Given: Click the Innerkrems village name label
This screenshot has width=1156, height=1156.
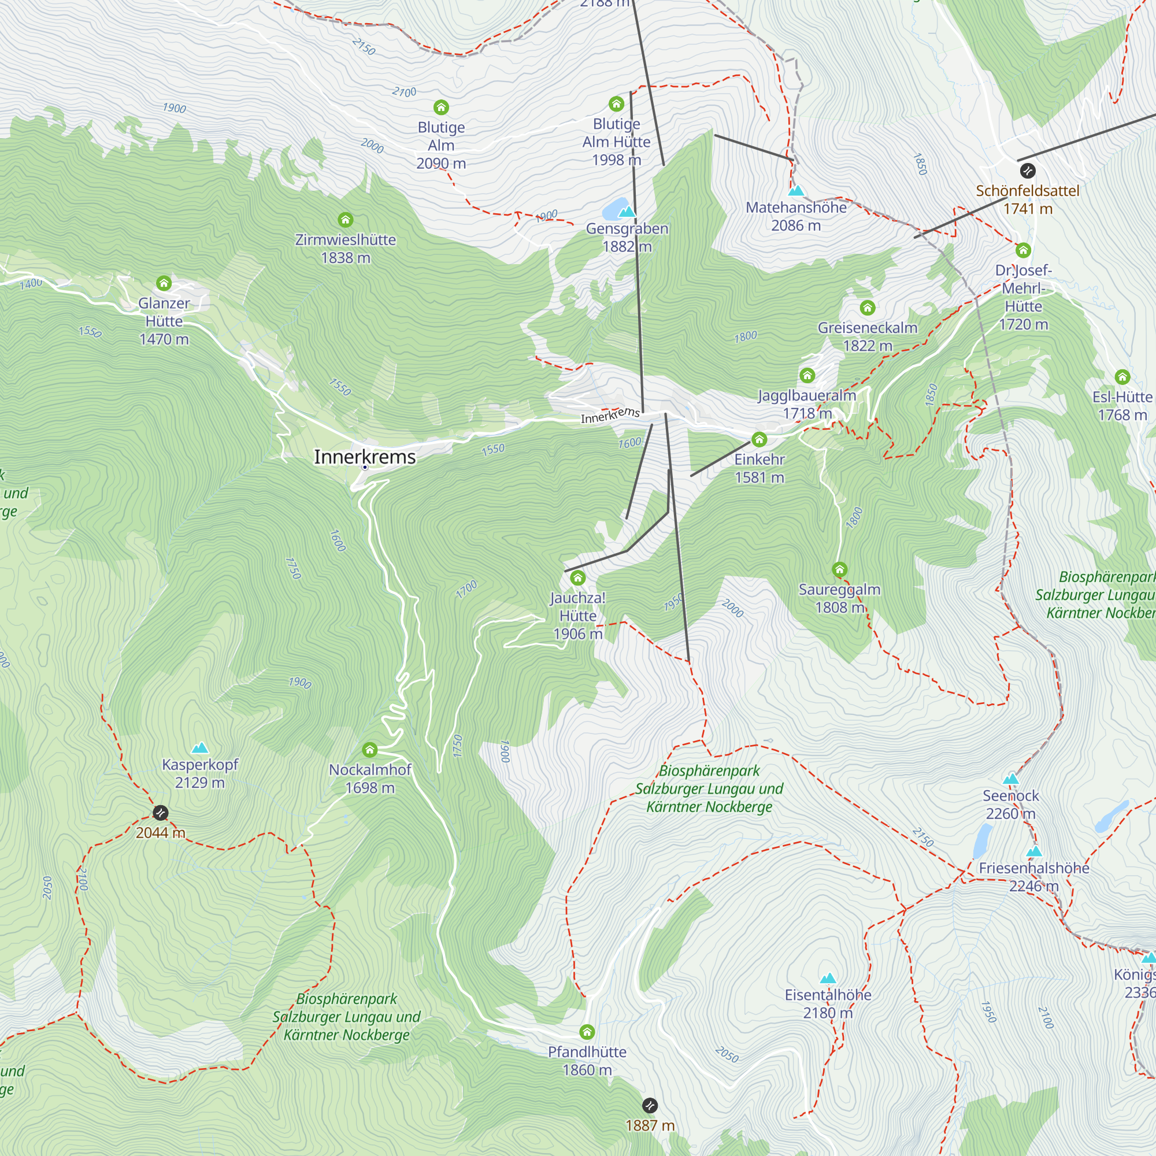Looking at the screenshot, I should [x=364, y=457].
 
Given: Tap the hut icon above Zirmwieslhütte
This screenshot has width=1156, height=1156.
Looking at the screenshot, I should [x=345, y=220].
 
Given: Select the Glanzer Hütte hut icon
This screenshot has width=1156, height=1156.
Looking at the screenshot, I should [x=164, y=283].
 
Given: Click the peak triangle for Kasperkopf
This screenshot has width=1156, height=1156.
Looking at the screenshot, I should [x=200, y=748].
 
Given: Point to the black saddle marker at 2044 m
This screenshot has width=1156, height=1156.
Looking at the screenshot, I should [x=160, y=813].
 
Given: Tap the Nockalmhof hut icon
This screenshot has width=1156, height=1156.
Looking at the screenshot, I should [x=370, y=750].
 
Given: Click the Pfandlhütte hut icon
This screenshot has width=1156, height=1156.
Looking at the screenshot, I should [x=587, y=1032].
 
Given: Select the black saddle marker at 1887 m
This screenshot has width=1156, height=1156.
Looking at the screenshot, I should [x=650, y=1105].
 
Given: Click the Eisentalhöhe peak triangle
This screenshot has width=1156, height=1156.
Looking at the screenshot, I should [x=828, y=979].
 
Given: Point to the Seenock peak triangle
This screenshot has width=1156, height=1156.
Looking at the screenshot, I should [x=1010, y=779].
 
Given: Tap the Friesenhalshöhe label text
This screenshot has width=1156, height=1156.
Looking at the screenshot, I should [x=1033, y=868].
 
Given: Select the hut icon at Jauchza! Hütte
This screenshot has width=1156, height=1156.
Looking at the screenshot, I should [x=577, y=578].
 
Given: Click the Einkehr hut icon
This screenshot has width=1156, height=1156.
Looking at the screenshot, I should [x=759, y=440].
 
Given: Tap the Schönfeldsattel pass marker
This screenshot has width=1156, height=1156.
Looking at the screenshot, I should [x=1027, y=171].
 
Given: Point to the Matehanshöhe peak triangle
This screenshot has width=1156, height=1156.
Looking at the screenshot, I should [x=796, y=191].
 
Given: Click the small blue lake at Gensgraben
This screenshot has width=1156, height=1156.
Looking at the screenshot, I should [x=614, y=209].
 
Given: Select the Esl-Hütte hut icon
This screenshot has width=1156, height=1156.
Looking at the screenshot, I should [x=1122, y=377].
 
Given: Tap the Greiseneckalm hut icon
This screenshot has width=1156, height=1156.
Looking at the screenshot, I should [x=868, y=308].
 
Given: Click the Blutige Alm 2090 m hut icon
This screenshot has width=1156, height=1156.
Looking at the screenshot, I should [x=441, y=108].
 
